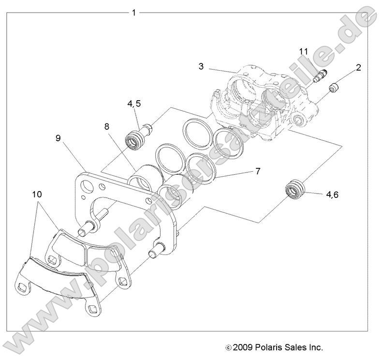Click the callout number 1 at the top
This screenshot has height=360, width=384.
tap(133, 12)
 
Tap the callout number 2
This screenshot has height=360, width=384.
tap(358, 67)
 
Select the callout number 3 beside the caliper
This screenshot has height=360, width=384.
tap(201, 66)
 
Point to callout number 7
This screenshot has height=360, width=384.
tap(258, 171)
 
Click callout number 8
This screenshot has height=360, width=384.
tap(107, 127)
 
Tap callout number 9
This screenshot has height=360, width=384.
tap(58, 138)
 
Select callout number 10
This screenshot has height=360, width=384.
tap(37, 195)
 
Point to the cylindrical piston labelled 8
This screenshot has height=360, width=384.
tap(143, 177)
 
